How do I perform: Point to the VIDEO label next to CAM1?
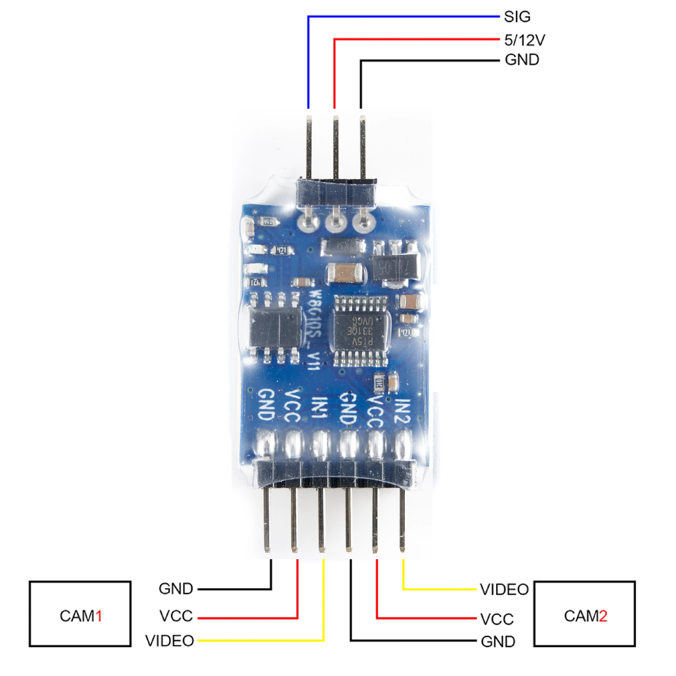coord(170,641)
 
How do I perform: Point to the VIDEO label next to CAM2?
coord(504,590)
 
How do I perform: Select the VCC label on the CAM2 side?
coord(497,619)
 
